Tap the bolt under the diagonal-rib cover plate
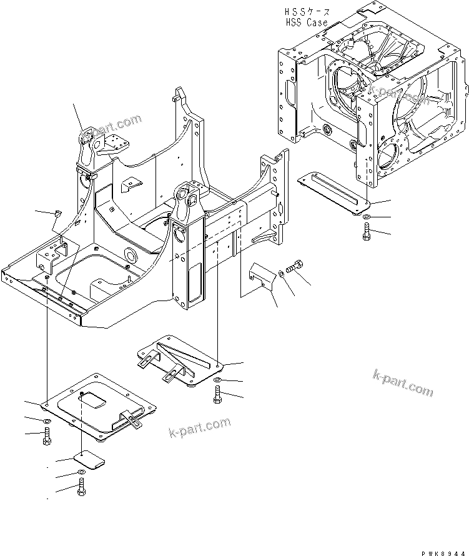tap(216, 394)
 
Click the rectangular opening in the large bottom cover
tap(96, 398)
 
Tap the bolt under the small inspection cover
tap(81, 488)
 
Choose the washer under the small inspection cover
tap(81, 472)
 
